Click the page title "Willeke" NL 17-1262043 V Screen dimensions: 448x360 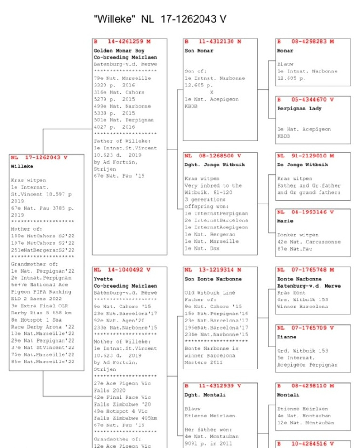click(160, 19)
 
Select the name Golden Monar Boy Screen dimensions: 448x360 click(119, 50)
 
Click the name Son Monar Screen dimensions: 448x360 click(199, 50)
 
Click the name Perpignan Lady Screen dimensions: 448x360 click(299, 108)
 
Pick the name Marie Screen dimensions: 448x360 click(286, 221)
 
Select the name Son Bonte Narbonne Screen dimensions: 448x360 click(213, 279)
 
